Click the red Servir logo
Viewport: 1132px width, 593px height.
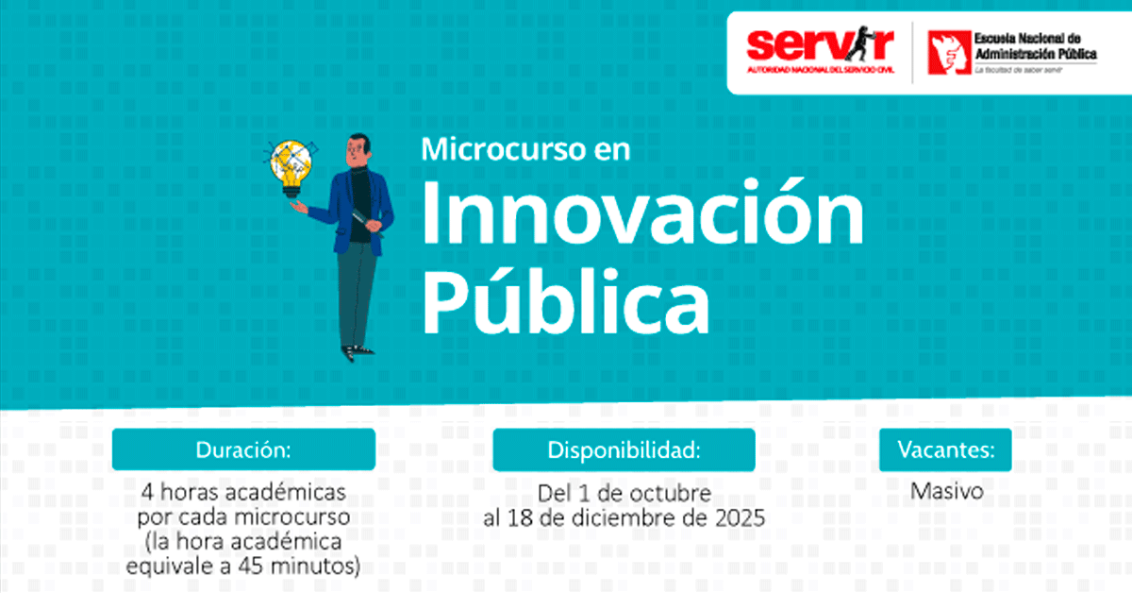tap(820, 50)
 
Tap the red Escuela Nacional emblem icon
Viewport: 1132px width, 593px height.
tap(949, 53)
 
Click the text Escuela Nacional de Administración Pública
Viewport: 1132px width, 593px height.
tap(1035, 46)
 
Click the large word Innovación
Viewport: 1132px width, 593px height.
tap(642, 213)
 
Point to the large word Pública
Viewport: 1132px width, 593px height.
tap(566, 301)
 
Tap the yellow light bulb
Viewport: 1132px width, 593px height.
tap(291, 167)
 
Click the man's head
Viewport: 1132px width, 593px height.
tap(358, 149)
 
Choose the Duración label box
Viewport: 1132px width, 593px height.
tap(243, 449)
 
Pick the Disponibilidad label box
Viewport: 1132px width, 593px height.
tap(624, 449)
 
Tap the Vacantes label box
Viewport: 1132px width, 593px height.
tap(945, 449)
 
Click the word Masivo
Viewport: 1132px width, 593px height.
tap(947, 491)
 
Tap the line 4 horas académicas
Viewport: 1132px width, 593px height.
tap(243, 492)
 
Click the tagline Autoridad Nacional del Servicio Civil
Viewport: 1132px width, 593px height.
tap(820, 69)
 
